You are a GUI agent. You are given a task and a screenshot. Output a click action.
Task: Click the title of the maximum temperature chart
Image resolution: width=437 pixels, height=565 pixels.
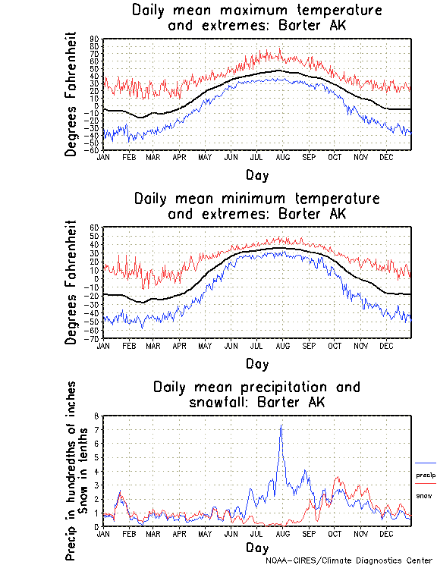(x=256, y=18)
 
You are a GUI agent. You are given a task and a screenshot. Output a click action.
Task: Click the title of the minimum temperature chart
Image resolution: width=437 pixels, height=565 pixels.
(x=256, y=206)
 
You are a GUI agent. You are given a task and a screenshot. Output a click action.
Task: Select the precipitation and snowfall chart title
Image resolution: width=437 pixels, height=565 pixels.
(x=256, y=394)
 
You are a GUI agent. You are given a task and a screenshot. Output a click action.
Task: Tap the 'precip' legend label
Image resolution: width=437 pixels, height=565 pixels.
(x=426, y=475)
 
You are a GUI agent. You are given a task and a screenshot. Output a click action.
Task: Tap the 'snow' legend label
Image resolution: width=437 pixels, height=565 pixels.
(x=423, y=495)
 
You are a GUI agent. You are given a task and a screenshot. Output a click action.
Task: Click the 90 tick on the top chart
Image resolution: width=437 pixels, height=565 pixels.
(x=94, y=39)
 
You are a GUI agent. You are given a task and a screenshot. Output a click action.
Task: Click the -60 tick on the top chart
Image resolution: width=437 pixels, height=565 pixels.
(x=93, y=150)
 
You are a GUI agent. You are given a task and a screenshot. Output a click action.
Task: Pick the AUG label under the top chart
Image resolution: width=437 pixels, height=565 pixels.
(x=282, y=157)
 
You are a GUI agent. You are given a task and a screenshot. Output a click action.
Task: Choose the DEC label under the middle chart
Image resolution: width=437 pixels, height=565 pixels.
(x=386, y=345)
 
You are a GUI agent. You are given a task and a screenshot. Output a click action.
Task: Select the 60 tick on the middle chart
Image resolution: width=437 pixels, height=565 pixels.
(x=94, y=228)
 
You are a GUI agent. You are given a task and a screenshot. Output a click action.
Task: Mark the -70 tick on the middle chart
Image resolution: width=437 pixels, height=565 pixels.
(x=93, y=338)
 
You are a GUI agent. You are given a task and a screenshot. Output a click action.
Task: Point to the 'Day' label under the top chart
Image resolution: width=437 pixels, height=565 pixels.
(x=256, y=175)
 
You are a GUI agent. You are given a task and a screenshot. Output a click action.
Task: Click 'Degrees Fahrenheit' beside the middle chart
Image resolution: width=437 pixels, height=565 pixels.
(x=72, y=282)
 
